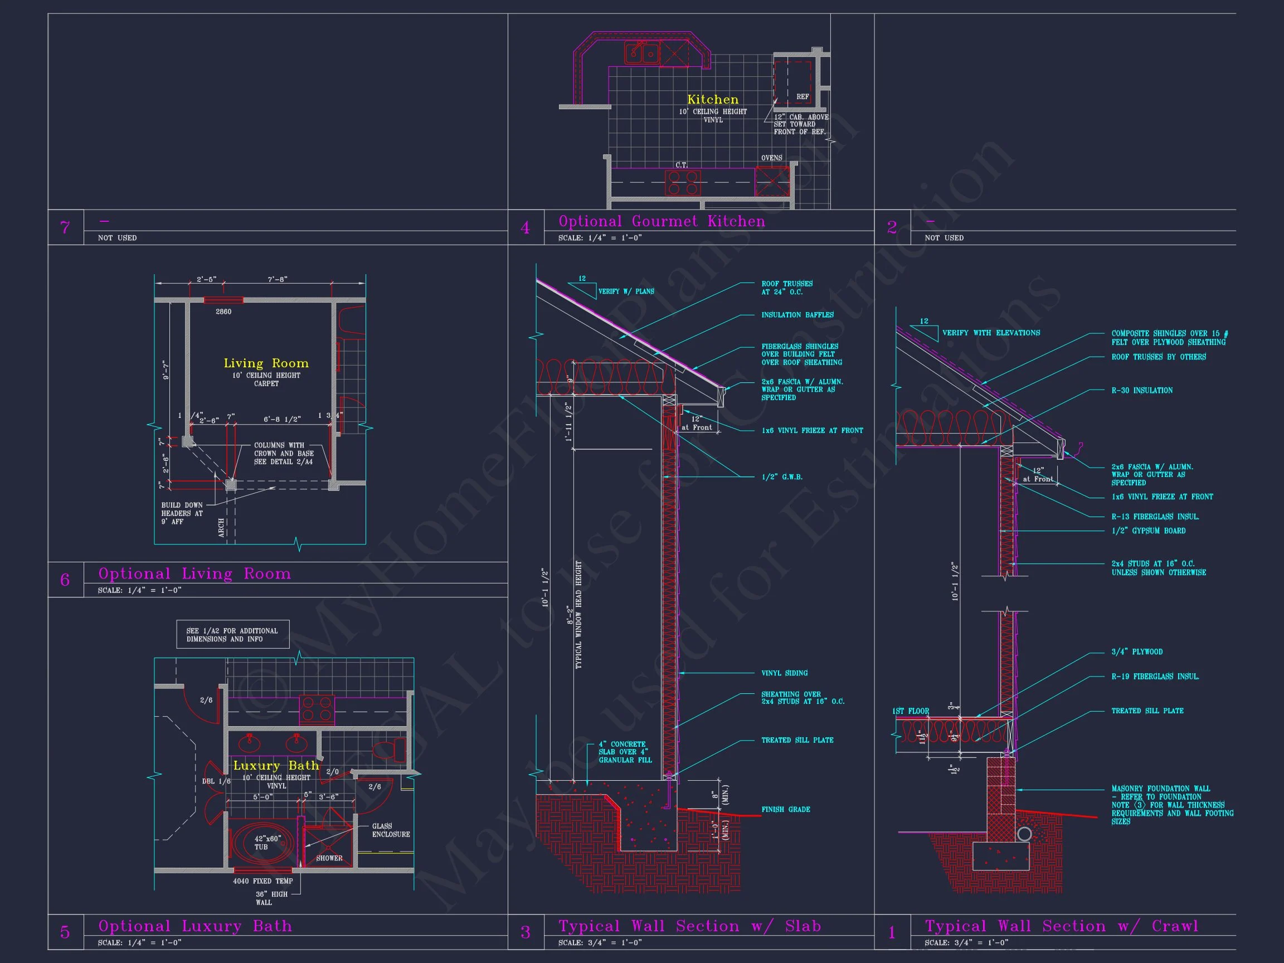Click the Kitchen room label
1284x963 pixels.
click(713, 100)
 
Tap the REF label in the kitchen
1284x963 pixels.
click(802, 97)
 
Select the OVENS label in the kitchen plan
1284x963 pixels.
click(771, 158)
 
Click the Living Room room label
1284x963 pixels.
click(266, 363)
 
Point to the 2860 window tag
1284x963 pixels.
click(223, 312)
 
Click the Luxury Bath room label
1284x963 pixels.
click(276, 766)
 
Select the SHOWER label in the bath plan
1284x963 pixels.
click(329, 858)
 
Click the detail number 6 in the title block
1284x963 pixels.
click(65, 580)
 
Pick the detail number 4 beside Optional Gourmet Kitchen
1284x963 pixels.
click(526, 227)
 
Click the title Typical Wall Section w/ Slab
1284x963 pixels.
click(689, 926)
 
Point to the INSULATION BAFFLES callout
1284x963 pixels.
click(797, 315)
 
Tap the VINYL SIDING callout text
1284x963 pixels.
click(784, 673)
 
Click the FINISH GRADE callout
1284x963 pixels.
click(785, 809)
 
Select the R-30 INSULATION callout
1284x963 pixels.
click(1142, 391)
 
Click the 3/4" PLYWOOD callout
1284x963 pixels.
click(1136, 652)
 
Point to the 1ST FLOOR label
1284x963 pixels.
click(910, 711)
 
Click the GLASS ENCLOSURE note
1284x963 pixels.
click(391, 830)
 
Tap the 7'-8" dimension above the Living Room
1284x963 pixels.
click(278, 279)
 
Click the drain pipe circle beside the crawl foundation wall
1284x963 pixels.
click(1024, 834)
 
